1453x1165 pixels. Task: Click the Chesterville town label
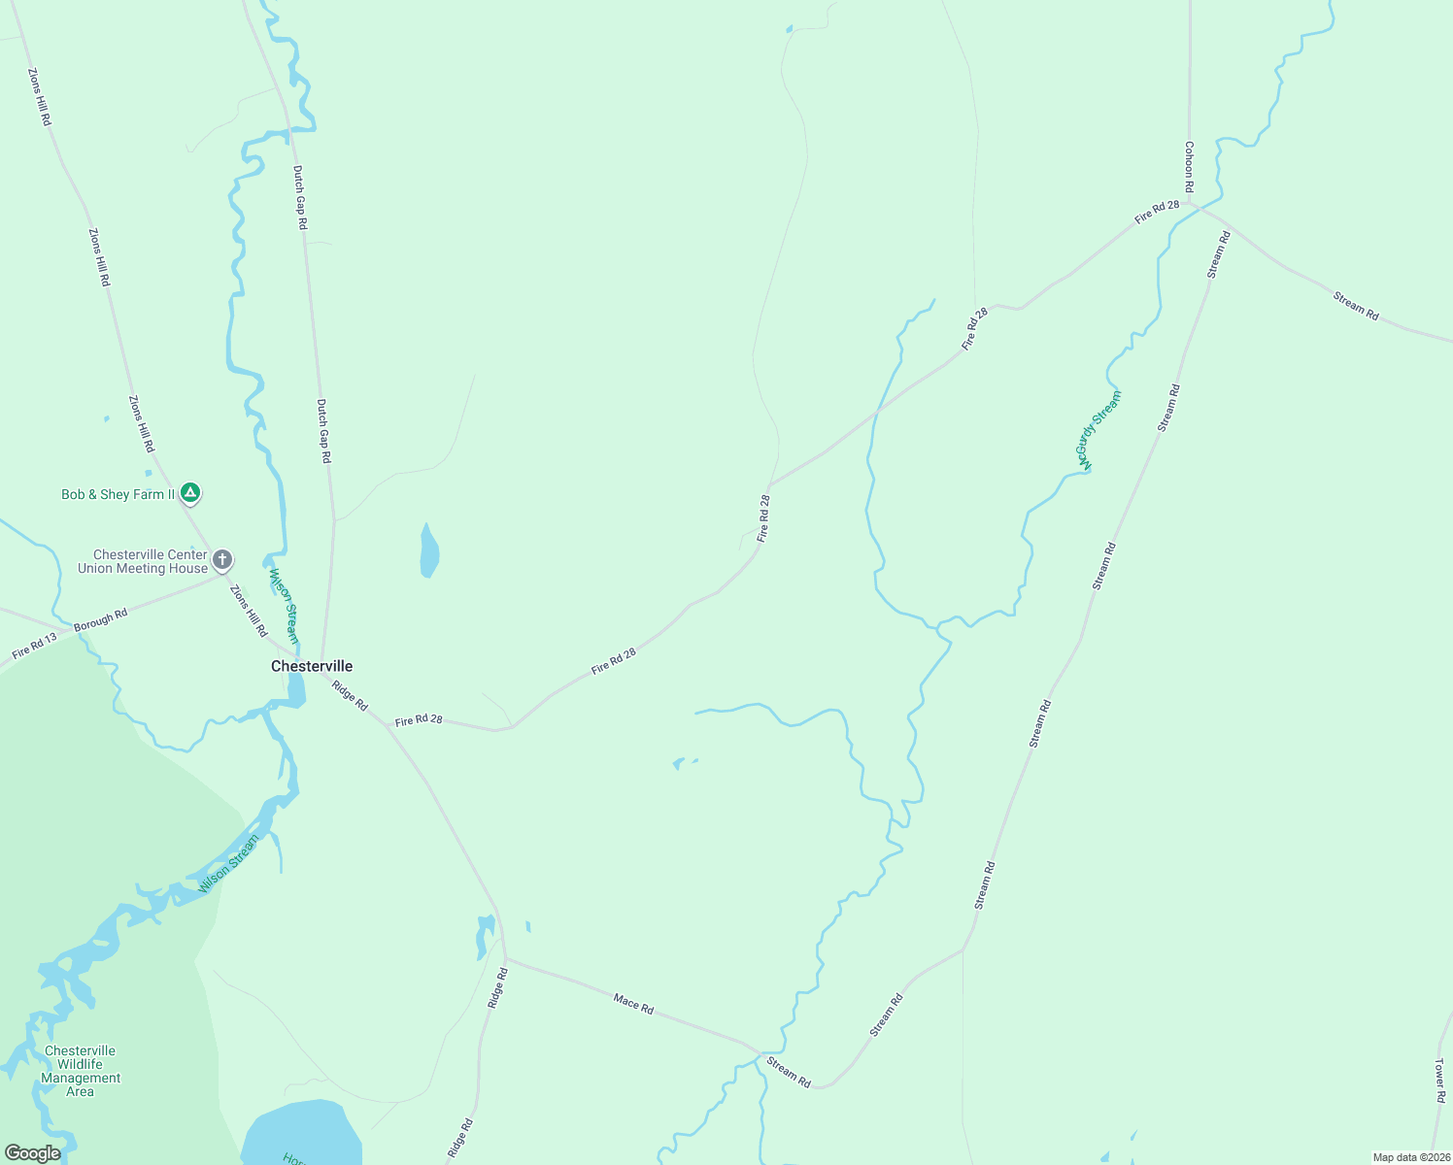click(312, 666)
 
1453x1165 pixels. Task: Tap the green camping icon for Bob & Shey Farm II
click(191, 493)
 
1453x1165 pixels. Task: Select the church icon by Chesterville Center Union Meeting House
click(222, 560)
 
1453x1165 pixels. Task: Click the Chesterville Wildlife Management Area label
click(81, 1071)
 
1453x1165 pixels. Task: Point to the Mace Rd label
click(633, 1004)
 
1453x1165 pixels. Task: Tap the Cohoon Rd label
click(1189, 166)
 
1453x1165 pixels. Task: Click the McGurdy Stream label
click(1098, 430)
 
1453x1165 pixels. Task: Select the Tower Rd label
click(1440, 1081)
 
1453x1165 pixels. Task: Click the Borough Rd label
click(101, 620)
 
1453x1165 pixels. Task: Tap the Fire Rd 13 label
click(35, 647)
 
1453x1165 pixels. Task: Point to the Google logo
click(32, 1153)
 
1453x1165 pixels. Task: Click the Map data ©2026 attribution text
click(1409, 1157)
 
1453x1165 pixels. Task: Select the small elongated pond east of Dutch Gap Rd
click(428, 551)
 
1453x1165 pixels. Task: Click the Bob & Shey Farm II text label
click(118, 494)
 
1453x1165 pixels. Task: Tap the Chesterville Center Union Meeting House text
click(143, 561)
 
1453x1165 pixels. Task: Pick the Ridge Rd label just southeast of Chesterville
click(350, 695)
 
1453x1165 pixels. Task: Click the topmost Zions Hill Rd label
click(39, 96)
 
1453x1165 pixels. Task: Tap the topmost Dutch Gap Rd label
click(300, 197)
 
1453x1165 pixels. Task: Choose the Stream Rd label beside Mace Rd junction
click(789, 1072)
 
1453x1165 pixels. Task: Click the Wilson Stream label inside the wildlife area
click(229, 864)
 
